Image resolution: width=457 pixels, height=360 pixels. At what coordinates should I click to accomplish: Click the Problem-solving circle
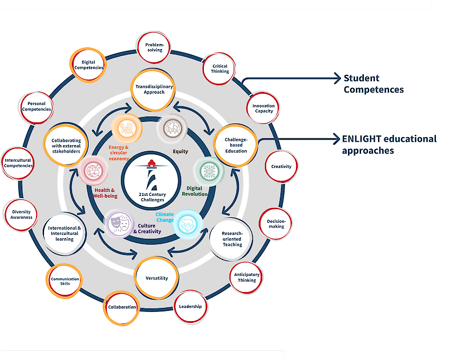pos(154,46)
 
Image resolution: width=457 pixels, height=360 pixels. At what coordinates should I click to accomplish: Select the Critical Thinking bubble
pos(219,69)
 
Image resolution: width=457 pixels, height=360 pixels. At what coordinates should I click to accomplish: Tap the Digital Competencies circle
pos(89,65)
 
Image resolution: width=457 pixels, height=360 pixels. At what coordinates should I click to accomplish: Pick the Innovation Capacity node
pos(263,108)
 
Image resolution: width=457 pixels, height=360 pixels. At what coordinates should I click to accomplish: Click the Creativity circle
pos(281,166)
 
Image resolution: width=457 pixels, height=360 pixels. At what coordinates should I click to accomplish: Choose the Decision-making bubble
pos(276,223)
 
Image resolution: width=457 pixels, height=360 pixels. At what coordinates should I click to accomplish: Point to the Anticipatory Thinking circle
pos(247,277)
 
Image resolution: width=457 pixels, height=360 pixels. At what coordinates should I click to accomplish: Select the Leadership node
pos(190,307)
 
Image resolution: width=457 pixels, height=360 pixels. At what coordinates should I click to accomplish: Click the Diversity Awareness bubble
pos(21,215)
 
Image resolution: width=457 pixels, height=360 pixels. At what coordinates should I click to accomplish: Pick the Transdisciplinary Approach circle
pos(154,90)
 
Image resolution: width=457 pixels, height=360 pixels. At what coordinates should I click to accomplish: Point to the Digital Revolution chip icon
pos(207,170)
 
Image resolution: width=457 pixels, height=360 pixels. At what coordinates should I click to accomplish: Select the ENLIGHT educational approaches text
pos(388,145)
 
